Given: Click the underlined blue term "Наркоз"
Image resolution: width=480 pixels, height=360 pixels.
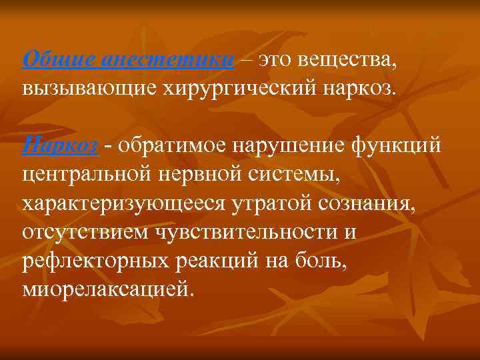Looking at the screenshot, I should click(61, 146).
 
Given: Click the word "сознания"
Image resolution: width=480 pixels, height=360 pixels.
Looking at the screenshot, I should click(373, 204).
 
